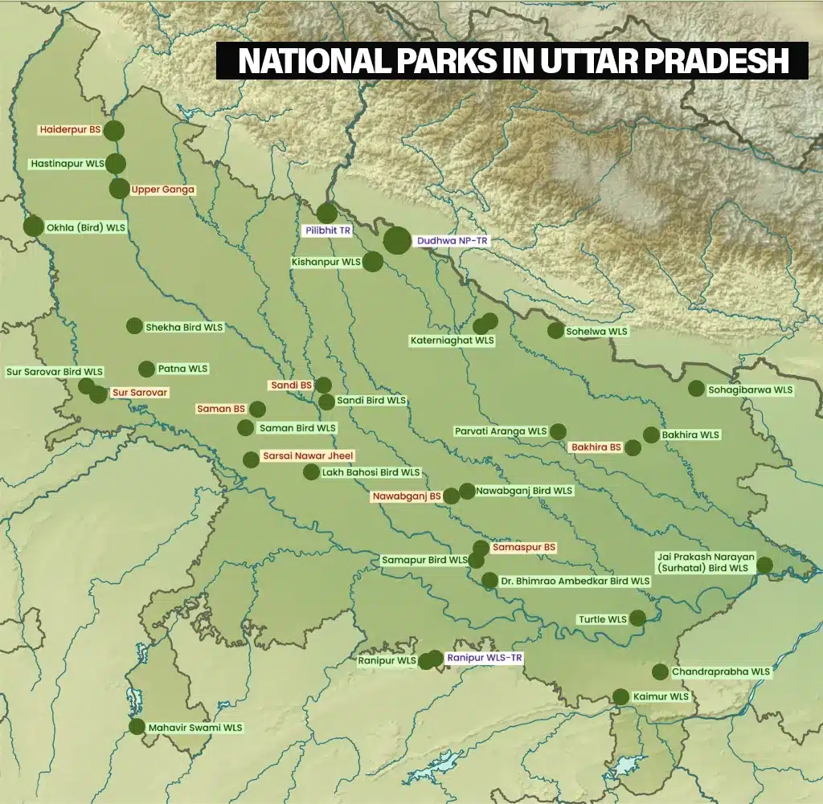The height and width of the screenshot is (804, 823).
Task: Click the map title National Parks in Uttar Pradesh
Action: pos(512,61)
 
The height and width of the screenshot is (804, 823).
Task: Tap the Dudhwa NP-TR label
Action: pos(452,240)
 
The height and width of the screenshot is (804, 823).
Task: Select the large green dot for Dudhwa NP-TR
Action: pos(397,240)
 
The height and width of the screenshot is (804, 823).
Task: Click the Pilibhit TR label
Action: pos(328,231)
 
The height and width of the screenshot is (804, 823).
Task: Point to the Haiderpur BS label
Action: pos(72,129)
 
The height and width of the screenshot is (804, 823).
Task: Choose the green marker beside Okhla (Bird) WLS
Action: pos(34,227)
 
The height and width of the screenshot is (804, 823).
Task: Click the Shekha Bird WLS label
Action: pos(184,327)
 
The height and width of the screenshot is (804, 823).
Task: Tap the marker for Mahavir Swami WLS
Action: pos(137,727)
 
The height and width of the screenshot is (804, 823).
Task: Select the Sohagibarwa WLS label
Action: pos(750,390)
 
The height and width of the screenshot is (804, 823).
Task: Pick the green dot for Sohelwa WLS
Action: pos(555,330)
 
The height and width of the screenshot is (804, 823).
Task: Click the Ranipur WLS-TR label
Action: pos(485,658)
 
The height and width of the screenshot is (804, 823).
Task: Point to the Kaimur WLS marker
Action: pos(620,696)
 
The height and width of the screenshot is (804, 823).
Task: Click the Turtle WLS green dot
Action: pos(637,618)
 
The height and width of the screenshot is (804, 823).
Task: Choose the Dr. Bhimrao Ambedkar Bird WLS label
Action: pos(575,581)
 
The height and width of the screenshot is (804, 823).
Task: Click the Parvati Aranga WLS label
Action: pos(500,431)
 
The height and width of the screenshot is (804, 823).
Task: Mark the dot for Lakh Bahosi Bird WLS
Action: pos(311,471)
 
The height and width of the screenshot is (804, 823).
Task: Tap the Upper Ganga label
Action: pos(162,190)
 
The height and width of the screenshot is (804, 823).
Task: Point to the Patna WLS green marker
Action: pos(146,369)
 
